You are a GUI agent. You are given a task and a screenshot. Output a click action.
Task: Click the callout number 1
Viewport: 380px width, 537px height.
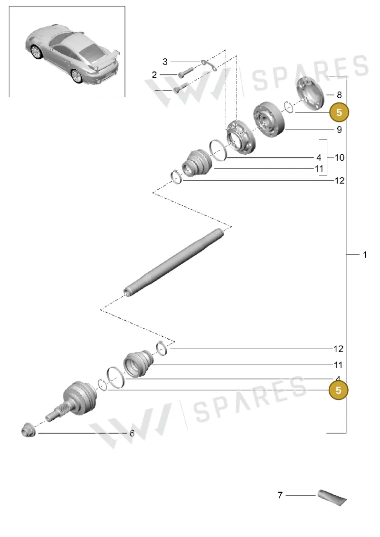pos(365,255)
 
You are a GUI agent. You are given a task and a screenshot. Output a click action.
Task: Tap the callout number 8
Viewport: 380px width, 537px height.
pos(339,95)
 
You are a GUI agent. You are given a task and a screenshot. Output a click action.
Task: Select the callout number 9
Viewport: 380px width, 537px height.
pos(339,130)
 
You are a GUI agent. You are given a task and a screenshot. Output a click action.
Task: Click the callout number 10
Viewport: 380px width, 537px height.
pos(339,157)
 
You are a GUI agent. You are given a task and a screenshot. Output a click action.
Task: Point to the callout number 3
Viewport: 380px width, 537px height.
pos(165,62)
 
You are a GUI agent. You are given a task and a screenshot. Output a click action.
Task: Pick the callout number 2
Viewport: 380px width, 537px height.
pos(154,74)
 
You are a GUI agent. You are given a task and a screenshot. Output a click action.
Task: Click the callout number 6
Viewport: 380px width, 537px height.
pos(132,433)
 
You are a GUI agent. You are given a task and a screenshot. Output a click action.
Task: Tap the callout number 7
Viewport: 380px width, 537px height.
pos(280,495)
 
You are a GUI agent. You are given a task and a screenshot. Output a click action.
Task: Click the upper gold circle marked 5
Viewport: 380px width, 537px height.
pos(339,112)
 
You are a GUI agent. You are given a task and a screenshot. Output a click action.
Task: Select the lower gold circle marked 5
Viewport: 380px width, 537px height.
pos(338,390)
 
